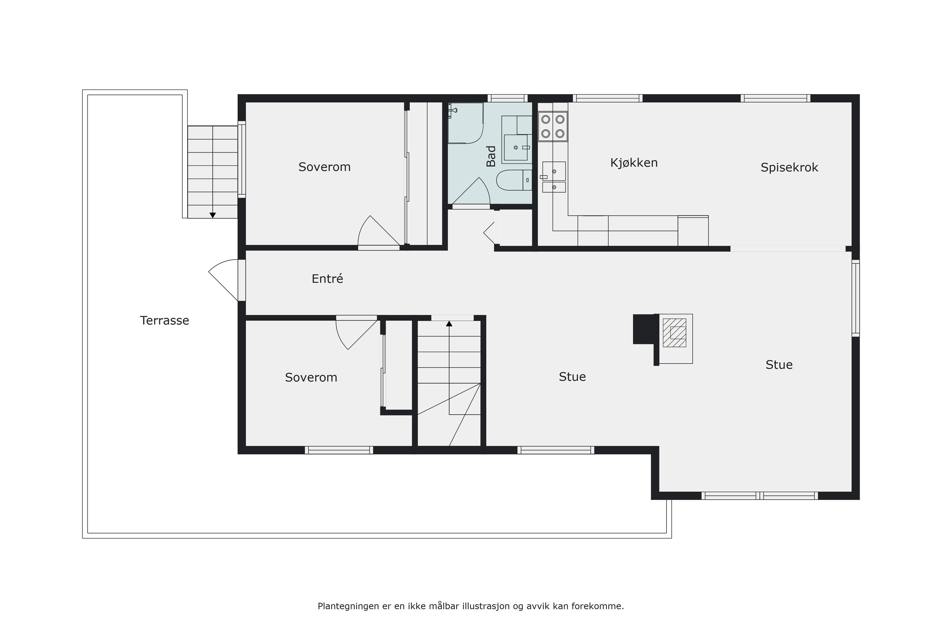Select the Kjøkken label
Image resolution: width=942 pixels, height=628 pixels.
click(634, 163)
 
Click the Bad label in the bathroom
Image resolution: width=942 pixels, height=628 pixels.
click(491, 156)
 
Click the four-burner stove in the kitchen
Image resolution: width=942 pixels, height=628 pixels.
click(553, 126)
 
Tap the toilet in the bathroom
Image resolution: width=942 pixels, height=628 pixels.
click(514, 180)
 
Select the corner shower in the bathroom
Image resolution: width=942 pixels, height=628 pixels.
click(465, 123)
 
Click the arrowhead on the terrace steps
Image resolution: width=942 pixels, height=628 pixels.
click(213, 215)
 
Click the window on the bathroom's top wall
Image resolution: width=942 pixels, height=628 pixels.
click(508, 98)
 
